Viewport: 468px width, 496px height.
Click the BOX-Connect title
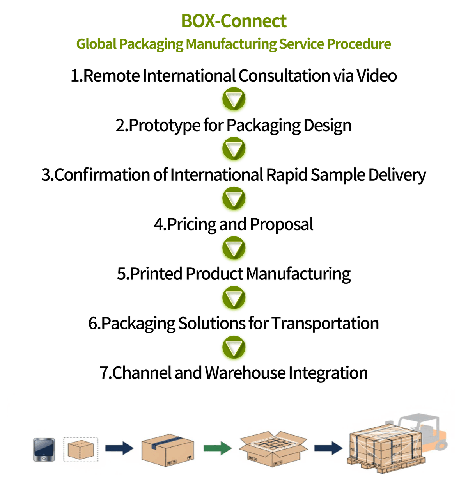click(234, 21)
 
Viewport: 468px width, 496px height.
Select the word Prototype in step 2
click(164, 125)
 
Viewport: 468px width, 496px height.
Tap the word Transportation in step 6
click(325, 324)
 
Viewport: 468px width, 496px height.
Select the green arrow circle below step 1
click(234, 100)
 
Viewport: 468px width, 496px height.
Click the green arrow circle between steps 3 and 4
click(234, 199)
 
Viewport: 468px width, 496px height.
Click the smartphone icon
click(44, 450)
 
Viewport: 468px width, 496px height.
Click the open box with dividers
click(273, 449)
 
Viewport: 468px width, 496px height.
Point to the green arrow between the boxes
click(217, 448)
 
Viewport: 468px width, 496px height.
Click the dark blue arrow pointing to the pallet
click(328, 448)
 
